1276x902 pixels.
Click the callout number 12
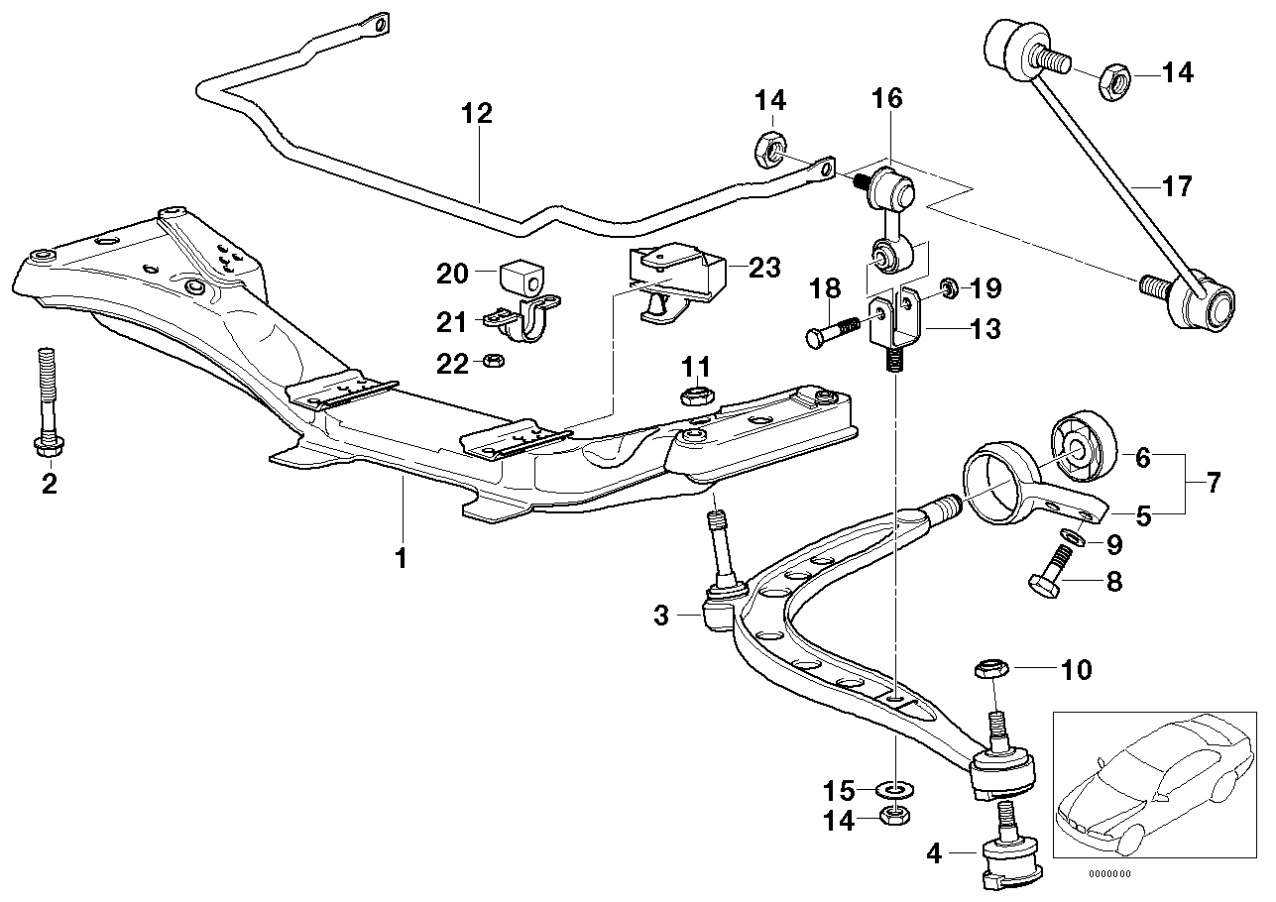click(476, 114)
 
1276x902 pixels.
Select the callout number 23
click(765, 268)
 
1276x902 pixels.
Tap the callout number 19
click(987, 288)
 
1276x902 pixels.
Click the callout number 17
click(1177, 186)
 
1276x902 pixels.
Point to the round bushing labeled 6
click(1083, 455)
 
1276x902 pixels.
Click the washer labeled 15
click(896, 790)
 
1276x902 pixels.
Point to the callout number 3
click(661, 616)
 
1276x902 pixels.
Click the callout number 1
click(401, 558)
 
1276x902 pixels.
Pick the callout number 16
click(887, 98)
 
